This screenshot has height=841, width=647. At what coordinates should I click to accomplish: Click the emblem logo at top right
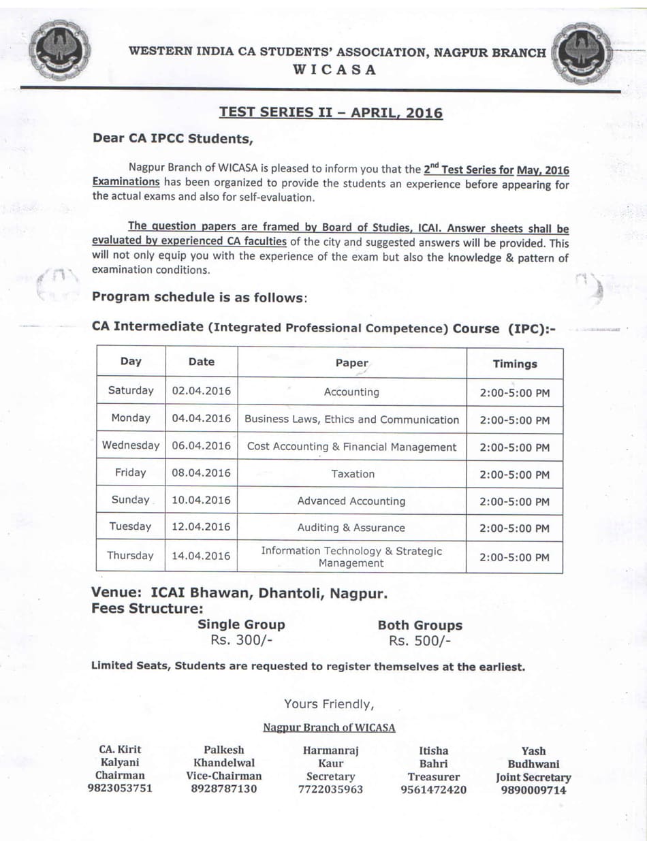581,53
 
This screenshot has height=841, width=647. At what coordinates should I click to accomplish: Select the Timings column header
514,364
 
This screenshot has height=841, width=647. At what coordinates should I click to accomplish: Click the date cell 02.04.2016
201,391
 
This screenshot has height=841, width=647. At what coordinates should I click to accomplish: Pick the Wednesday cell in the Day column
131,445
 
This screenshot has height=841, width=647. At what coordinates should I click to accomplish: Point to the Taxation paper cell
352,473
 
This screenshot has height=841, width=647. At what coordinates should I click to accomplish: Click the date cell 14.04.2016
201,556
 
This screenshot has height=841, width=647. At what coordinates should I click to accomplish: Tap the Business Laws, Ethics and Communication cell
351,419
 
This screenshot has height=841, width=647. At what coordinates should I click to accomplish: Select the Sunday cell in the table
130,500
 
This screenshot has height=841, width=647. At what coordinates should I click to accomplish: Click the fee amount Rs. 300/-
241,640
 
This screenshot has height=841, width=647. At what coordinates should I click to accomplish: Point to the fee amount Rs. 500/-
420,641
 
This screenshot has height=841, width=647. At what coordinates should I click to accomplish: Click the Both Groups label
420,625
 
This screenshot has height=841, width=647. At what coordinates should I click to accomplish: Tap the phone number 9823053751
120,789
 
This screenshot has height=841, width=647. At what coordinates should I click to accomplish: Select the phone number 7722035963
330,789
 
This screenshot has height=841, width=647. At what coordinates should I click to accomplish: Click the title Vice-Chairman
223,776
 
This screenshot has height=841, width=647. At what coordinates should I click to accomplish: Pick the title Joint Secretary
533,777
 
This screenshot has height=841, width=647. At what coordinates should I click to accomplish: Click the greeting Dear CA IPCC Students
173,138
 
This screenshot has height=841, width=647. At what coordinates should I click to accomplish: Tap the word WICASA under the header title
334,69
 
